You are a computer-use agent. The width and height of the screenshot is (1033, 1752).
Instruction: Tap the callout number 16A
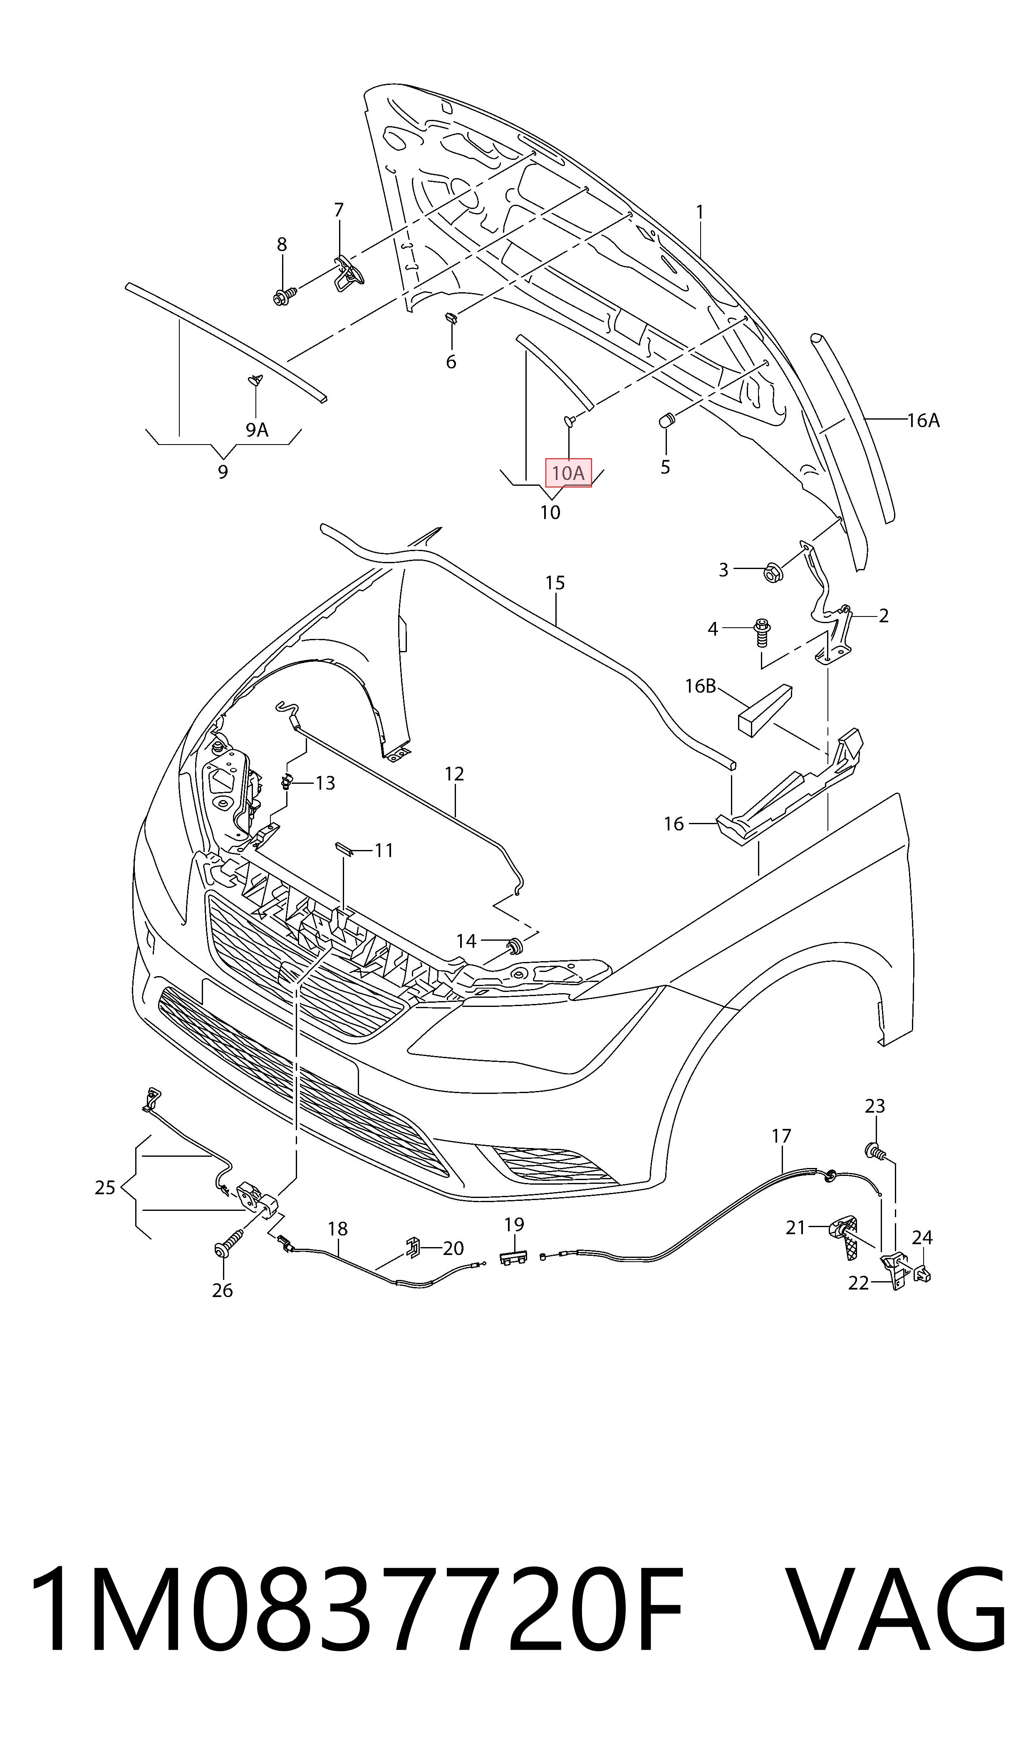(x=923, y=420)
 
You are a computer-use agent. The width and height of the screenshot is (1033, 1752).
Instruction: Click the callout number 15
(x=555, y=582)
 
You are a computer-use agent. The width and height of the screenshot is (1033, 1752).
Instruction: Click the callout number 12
(x=454, y=774)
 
